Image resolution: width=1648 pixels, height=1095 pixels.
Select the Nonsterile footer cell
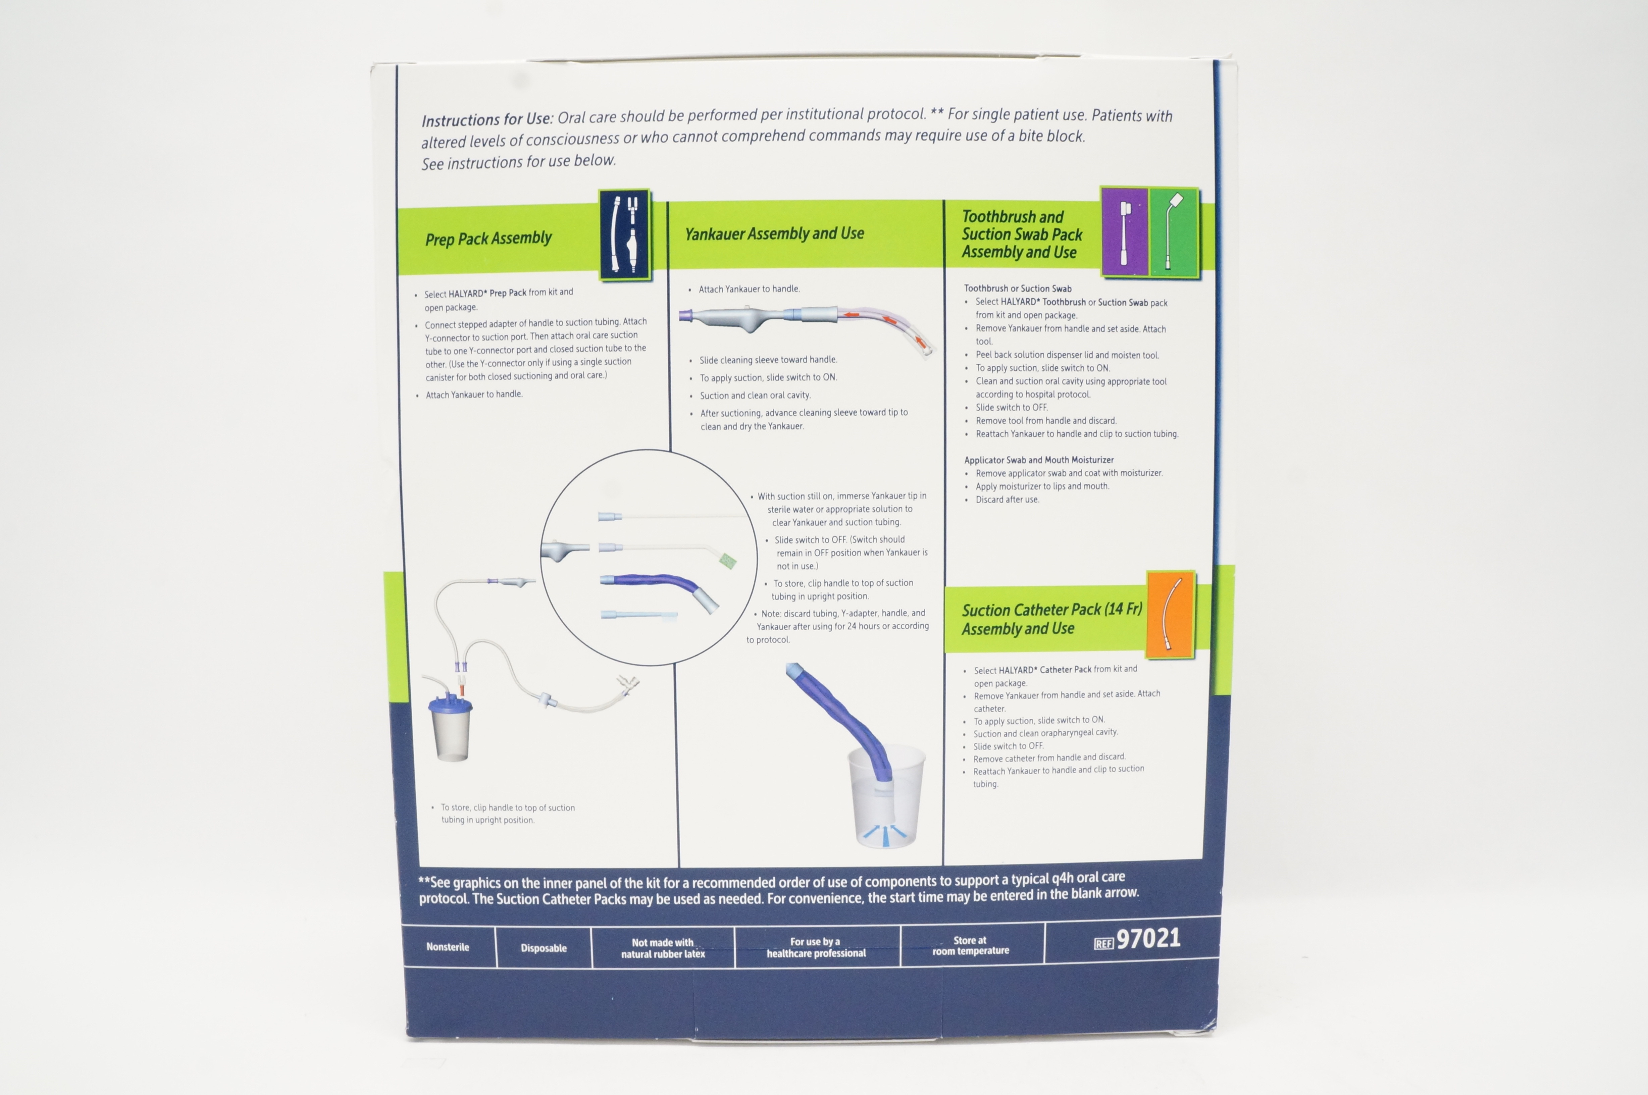pos(448,947)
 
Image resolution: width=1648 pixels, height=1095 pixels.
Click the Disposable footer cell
pos(543,948)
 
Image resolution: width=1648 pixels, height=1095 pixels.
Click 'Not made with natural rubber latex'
pos(663,948)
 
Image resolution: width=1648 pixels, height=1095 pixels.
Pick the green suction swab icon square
pos(1173,232)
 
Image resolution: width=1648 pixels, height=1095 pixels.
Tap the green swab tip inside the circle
pos(728,561)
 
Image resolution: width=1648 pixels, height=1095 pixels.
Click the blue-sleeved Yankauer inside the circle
pos(656,587)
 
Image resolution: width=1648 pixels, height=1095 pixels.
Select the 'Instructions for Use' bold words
pos(487,119)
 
